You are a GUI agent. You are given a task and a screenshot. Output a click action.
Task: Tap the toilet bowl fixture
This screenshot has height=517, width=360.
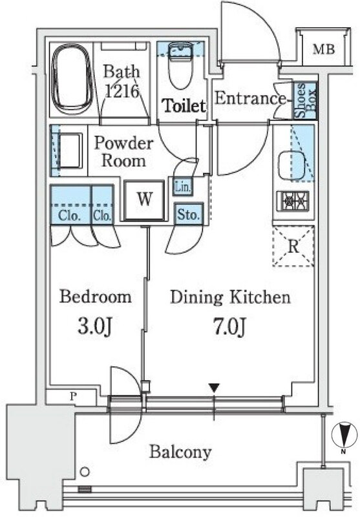[180, 66]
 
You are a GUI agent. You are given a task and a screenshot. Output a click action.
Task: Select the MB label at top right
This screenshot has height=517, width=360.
[323, 49]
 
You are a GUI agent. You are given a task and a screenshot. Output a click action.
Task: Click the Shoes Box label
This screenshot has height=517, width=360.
[306, 100]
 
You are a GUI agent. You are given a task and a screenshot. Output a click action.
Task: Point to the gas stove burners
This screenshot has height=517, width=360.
[293, 200]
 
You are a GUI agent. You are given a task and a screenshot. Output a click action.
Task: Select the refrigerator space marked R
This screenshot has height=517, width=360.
[293, 246]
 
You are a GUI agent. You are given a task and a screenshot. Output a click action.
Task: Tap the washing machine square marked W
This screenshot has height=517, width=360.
[144, 200]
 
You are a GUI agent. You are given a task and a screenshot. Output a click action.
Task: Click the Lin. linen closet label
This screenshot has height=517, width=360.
[182, 187]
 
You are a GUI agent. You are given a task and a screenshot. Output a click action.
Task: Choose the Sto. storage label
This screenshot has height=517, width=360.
[188, 215]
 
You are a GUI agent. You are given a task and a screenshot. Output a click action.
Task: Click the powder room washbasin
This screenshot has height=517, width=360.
[70, 151]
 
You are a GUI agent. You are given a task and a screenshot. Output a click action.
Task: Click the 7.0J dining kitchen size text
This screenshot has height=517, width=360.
[230, 326]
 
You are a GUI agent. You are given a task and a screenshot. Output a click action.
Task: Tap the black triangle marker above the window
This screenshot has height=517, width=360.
[215, 388]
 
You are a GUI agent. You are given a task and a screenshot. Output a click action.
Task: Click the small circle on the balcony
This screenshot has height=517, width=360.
[85, 472]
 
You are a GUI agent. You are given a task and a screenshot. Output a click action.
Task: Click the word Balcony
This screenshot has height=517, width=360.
[180, 452]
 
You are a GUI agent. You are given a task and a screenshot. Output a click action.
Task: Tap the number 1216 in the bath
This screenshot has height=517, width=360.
[122, 91]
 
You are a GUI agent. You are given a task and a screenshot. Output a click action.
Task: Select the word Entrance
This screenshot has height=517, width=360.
[249, 98]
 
